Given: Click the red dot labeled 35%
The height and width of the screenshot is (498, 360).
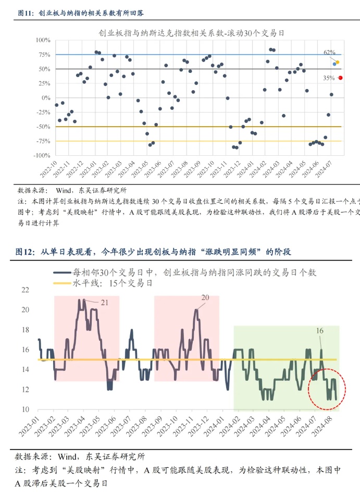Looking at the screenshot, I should (340, 78).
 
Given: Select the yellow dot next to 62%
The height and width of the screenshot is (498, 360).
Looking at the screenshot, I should (338, 63).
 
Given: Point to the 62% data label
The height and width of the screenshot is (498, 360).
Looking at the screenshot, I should (329, 53).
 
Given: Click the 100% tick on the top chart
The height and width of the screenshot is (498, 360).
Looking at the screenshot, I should (43, 40).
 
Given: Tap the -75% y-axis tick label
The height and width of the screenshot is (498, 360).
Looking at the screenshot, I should (43, 141).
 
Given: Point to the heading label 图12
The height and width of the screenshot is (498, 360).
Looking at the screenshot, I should (26, 252).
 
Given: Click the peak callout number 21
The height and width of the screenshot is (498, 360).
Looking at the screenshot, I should (104, 302).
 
